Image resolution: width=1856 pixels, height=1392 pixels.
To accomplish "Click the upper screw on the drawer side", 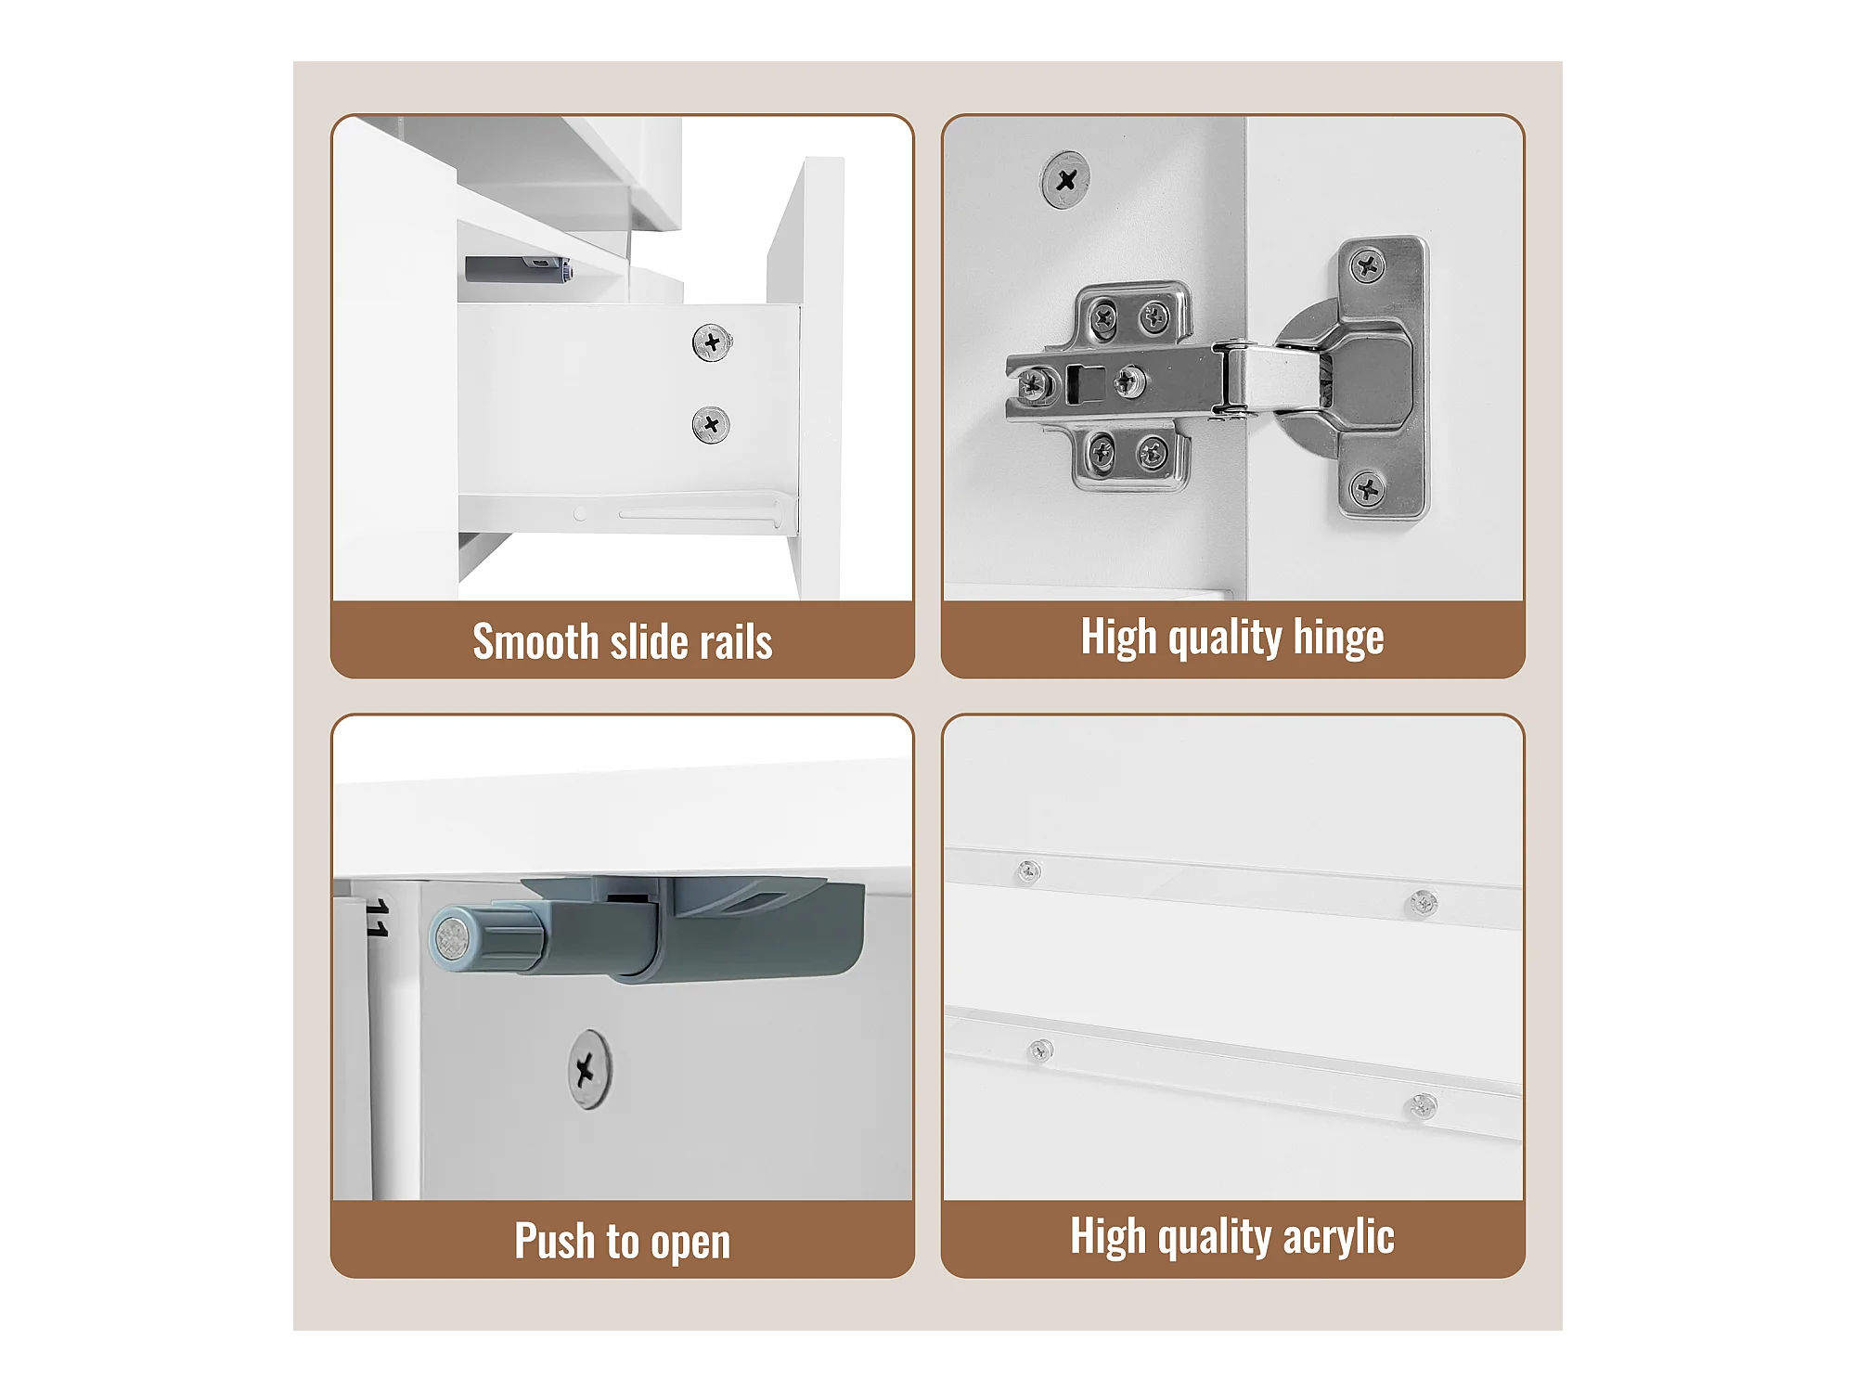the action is [x=712, y=343].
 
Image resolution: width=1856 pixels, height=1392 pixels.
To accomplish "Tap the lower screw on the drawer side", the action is [x=711, y=425].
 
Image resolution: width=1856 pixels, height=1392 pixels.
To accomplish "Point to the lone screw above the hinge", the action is [x=1064, y=180].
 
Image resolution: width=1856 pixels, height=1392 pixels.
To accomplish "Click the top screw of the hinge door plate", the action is [x=1367, y=267].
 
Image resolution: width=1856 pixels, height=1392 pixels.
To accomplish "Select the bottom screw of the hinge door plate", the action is [x=1367, y=488].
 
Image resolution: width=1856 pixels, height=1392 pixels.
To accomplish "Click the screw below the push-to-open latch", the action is [x=589, y=1069].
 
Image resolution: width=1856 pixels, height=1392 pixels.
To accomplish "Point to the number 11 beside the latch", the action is [x=378, y=917].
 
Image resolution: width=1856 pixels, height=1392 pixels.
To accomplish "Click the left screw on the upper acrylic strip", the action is [x=1028, y=871].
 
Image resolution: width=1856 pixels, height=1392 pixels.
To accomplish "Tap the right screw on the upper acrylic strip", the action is [x=1423, y=902].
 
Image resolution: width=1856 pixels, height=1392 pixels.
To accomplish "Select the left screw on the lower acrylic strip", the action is [x=1040, y=1050].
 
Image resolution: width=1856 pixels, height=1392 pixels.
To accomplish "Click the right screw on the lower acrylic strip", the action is [x=1423, y=1106].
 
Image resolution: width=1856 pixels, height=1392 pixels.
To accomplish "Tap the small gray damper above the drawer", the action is [x=518, y=270].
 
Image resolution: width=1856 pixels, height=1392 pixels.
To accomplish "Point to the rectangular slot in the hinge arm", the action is [x=1086, y=383].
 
